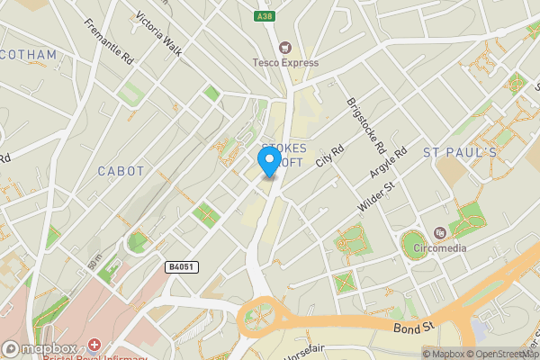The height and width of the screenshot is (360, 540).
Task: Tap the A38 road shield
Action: tap(263, 17)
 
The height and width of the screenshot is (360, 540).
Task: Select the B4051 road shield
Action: tap(181, 267)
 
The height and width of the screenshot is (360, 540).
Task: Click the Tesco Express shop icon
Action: tap(285, 47)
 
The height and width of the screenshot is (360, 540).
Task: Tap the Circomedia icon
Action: tap(439, 232)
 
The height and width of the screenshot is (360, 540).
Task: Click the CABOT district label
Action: tap(121, 170)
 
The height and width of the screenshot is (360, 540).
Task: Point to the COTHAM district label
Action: tap(29, 55)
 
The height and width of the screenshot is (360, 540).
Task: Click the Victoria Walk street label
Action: tap(158, 34)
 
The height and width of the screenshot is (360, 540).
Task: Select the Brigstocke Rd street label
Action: tap(365, 125)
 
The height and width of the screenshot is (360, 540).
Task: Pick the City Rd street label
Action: tap(329, 157)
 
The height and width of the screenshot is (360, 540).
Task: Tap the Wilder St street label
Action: tap(376, 197)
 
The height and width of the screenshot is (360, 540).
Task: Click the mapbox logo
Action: tap(40, 349)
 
